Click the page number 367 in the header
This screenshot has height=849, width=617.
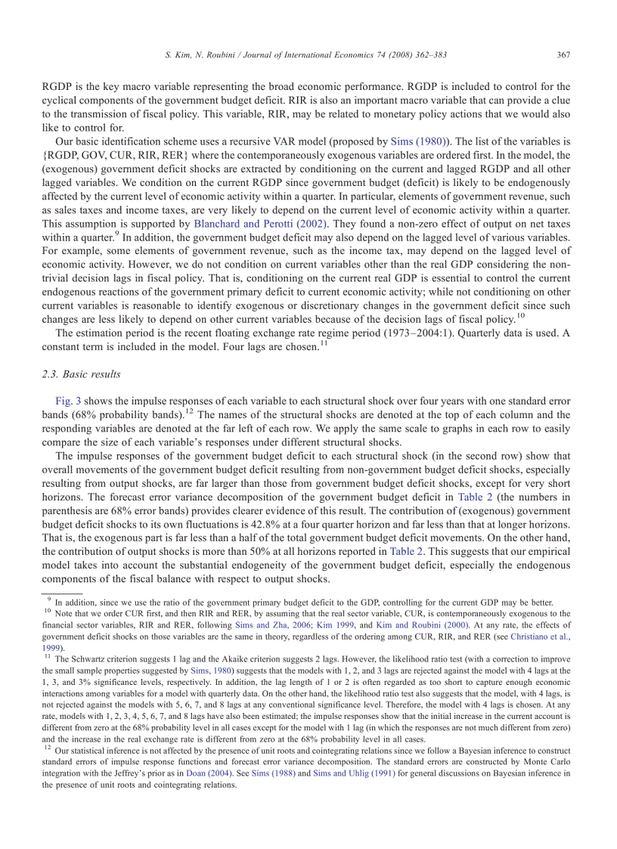point(563,54)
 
